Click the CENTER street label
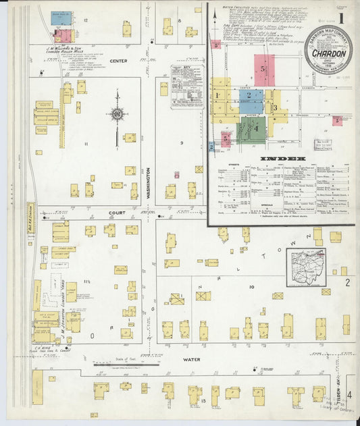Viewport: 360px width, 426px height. coord(118,61)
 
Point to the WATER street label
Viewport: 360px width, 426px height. coord(192,360)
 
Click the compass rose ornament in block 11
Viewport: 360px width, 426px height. coord(117,114)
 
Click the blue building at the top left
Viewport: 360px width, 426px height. coord(60,18)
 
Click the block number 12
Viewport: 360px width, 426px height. coord(86,20)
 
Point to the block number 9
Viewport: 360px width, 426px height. coord(182,142)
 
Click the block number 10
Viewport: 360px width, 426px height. coord(251,287)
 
